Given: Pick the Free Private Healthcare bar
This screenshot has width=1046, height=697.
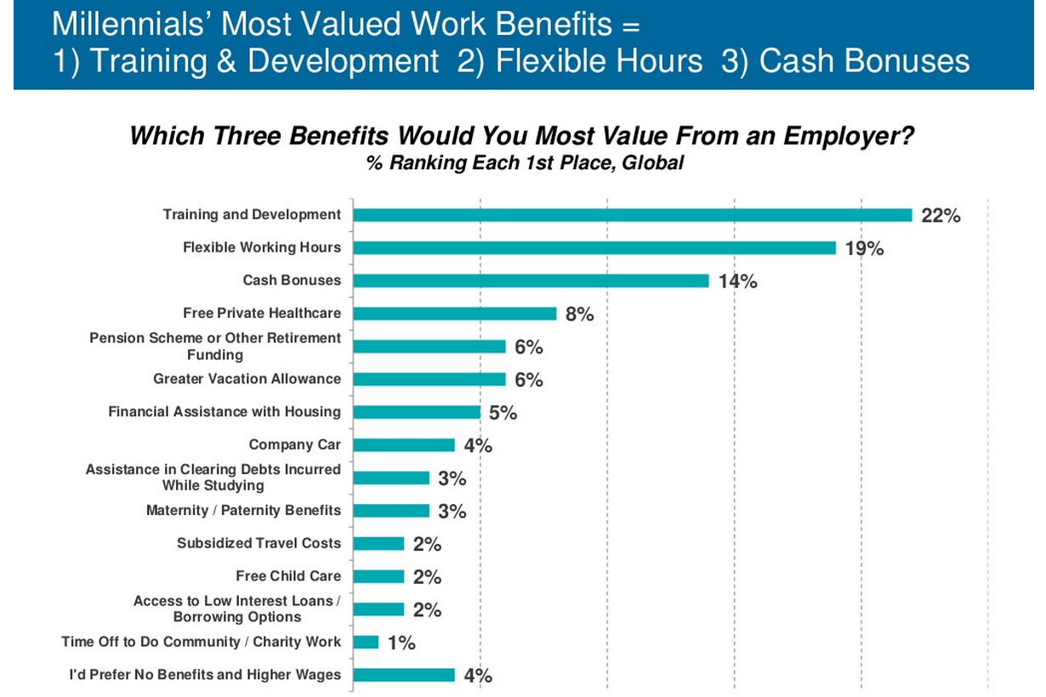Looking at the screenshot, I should pyautogui.click(x=454, y=314).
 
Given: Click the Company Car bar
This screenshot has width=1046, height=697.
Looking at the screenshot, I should pyautogui.click(x=404, y=445).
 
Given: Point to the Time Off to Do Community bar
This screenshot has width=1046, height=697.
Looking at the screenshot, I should pyautogui.click(x=366, y=643).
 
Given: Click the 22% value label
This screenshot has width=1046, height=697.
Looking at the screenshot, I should pyautogui.click(x=941, y=216).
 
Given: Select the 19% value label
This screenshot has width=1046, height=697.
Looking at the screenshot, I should pyautogui.click(x=864, y=248).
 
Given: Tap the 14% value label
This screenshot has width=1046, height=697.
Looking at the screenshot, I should pyautogui.click(x=737, y=281).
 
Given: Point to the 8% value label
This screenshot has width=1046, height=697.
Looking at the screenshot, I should pyautogui.click(x=579, y=314).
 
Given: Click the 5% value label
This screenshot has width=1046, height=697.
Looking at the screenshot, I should pyautogui.click(x=503, y=413).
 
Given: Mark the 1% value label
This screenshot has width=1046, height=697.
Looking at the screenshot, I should pyautogui.click(x=401, y=643).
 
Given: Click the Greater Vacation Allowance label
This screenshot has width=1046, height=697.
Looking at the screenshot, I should pyautogui.click(x=247, y=379).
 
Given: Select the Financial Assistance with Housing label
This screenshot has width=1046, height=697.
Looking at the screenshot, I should pyautogui.click(x=225, y=411).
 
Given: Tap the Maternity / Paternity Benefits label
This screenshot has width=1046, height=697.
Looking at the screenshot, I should pyautogui.click(x=243, y=510).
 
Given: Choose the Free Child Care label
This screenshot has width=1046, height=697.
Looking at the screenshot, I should pyautogui.click(x=288, y=575).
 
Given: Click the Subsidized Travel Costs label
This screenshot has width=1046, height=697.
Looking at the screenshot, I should pyautogui.click(x=259, y=543).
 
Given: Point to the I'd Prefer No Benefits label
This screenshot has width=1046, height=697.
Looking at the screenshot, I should pyautogui.click(x=205, y=675).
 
